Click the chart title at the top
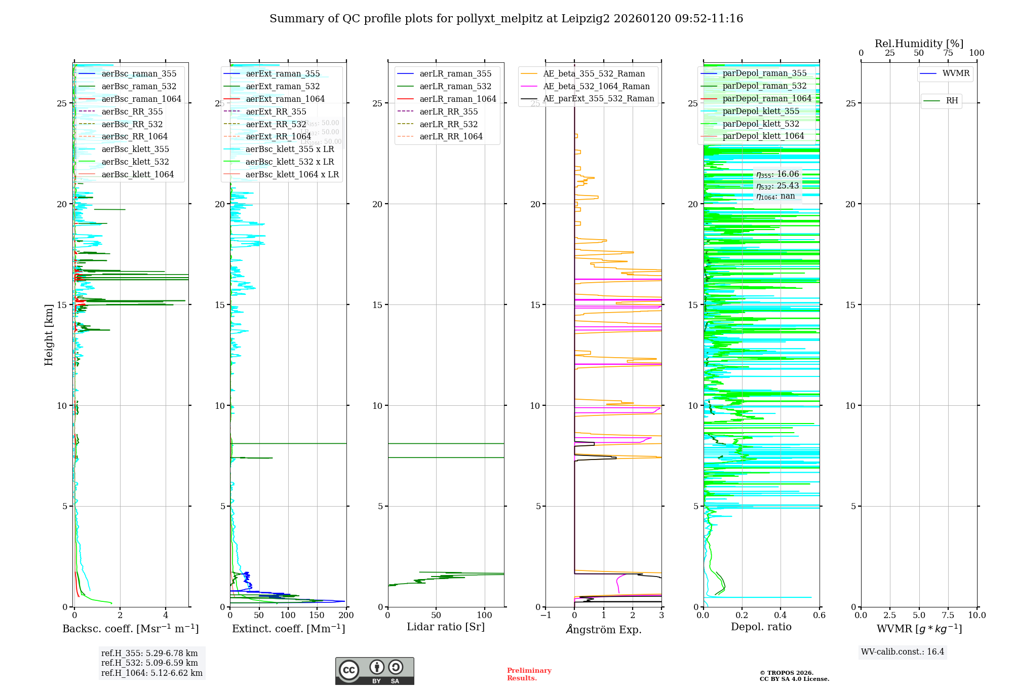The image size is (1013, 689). tap(506, 19)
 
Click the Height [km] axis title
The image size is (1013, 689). tap(49, 335)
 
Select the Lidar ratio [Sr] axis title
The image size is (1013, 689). tap(445, 627)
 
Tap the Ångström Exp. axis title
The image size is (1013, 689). tap(603, 629)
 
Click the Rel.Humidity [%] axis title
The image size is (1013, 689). tap(919, 44)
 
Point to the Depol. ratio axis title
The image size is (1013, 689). tap(761, 627)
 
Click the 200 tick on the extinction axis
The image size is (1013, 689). tap(346, 616)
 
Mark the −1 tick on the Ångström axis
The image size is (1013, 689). tap(546, 616)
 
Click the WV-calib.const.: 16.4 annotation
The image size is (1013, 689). tap(903, 652)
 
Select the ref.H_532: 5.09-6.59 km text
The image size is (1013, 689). tap(149, 663)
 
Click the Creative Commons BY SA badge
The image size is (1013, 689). tap(374, 671)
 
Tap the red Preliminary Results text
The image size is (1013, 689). tap(529, 674)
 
